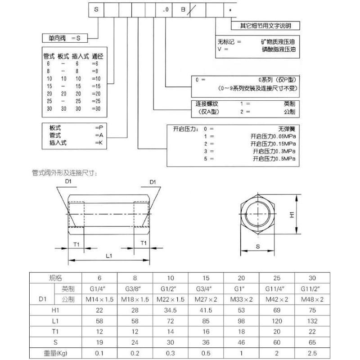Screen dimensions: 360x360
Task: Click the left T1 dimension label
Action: (76, 243)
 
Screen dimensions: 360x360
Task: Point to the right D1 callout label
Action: (152, 182)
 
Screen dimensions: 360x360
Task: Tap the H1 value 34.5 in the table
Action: (171, 310)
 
